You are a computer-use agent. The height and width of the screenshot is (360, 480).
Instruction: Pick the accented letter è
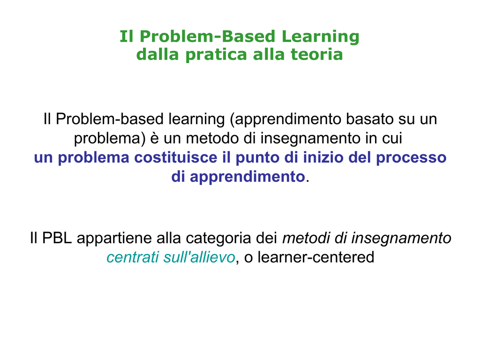pyautogui.click(x=154, y=138)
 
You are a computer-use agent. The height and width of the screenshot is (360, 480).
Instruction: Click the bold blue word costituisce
pyautogui.click(x=176, y=157)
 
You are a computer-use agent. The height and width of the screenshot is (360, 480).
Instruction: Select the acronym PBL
pyautogui.click(x=57, y=238)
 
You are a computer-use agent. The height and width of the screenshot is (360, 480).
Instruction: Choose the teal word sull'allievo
pyautogui.click(x=199, y=257)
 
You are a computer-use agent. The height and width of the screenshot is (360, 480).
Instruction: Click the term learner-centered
pyautogui.click(x=316, y=257)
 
